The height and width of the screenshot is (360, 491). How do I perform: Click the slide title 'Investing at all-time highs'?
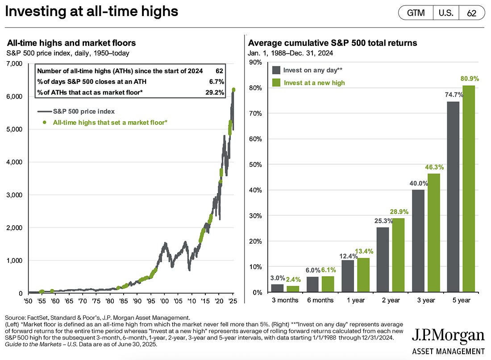92,12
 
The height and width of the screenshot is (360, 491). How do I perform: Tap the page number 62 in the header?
471,13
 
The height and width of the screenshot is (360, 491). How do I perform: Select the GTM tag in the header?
416,13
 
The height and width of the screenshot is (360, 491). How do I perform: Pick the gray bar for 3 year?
419,241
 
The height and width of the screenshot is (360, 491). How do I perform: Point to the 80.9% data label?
470,79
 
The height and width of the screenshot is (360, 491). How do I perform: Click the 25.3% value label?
383,220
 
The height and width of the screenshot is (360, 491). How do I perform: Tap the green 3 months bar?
293,289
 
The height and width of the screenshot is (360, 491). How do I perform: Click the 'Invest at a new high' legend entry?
314,83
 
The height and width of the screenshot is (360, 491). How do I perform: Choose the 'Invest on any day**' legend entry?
312,70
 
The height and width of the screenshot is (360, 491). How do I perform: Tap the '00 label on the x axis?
164,301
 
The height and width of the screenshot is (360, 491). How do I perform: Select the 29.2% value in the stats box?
216,92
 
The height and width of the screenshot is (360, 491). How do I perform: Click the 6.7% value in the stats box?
217,81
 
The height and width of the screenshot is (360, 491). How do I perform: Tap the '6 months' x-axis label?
320,300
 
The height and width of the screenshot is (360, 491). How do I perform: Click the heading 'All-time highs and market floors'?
71,43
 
